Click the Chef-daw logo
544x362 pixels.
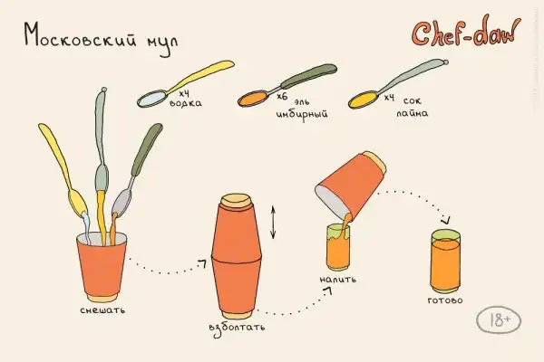click(466, 32)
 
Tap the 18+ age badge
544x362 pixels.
click(499, 320)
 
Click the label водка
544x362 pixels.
click(185, 103)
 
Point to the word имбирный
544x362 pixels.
click(302, 114)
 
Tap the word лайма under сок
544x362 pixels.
click(413, 113)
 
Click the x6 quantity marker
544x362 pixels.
click(282, 96)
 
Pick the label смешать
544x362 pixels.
click(102, 310)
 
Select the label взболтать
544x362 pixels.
click(237, 328)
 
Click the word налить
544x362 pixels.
click(337, 280)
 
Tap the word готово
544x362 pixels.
click(445, 300)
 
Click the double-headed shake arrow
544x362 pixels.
click(273, 223)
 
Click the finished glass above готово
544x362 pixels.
click(446, 262)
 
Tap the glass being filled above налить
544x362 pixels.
click(338, 247)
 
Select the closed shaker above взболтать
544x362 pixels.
click(237, 256)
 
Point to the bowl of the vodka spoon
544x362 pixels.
click(152, 99)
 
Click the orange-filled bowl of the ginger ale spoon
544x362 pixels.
click(253, 99)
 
